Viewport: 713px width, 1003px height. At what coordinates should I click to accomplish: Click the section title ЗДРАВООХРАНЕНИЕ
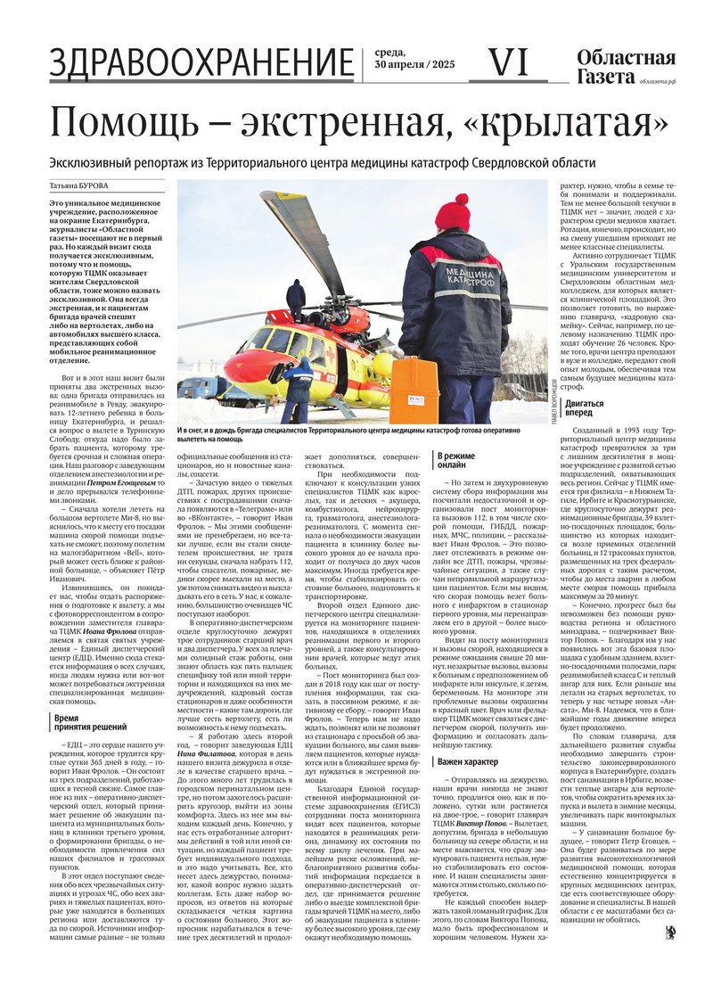tap(201, 63)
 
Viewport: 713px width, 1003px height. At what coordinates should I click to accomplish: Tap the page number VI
tap(509, 62)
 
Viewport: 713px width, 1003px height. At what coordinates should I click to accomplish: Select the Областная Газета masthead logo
tap(626, 67)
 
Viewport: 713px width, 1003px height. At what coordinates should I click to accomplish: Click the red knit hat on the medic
tap(452, 213)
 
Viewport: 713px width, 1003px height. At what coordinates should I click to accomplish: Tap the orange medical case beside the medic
tap(414, 390)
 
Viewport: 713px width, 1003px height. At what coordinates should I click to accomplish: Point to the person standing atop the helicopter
tap(296, 296)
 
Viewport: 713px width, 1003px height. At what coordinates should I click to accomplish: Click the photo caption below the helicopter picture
tap(361, 434)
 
